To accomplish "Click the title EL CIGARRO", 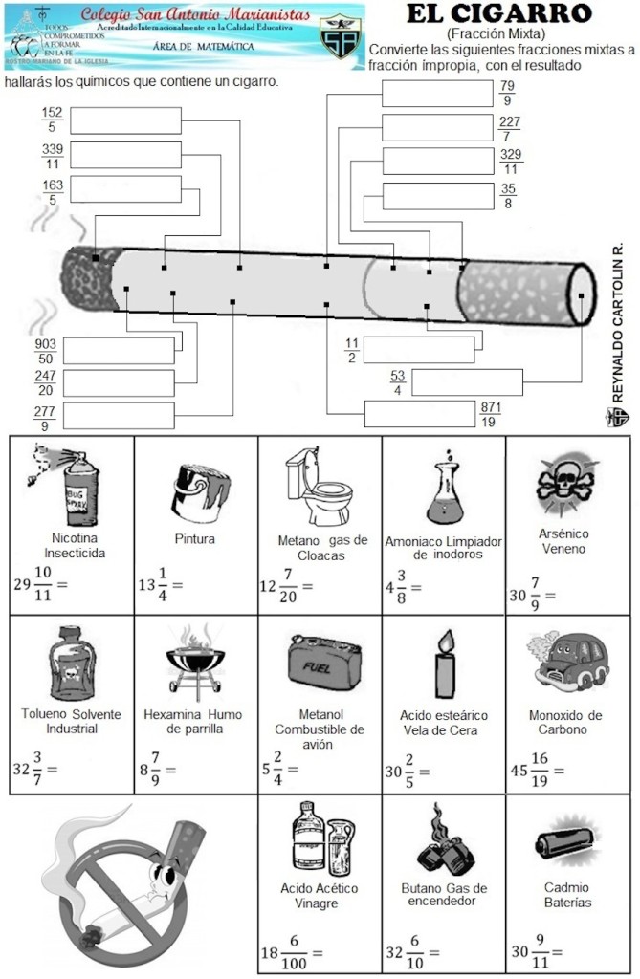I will coord(497,13).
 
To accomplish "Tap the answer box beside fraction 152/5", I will coord(125,120).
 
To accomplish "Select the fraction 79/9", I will coord(507,94).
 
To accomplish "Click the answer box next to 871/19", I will coord(420,413).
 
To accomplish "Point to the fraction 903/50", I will coord(45,351).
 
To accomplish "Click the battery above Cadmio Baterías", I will coord(567,841).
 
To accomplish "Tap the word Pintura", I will coord(194,539).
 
